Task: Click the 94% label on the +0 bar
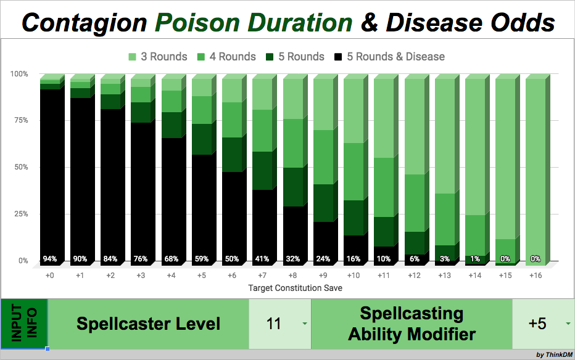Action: tap(49, 259)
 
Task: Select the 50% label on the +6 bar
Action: tap(231, 259)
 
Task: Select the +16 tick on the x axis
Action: tap(535, 275)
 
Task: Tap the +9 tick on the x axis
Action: tap(323, 275)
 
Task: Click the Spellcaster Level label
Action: tap(148, 324)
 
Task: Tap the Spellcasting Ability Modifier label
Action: tap(412, 324)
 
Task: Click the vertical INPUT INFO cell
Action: tap(23, 324)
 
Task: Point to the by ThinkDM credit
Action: tap(553, 354)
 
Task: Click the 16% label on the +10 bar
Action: tap(353, 259)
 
